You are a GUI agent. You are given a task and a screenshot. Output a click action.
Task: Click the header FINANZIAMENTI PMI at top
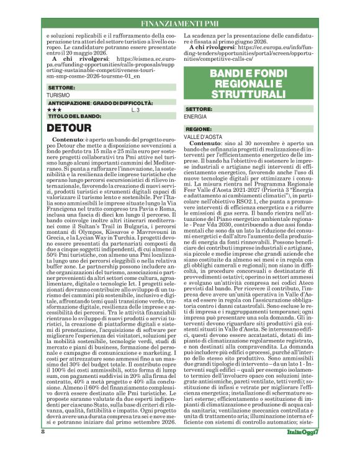[x=179, y=22]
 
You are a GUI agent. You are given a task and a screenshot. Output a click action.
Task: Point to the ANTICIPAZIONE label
[x=68, y=103]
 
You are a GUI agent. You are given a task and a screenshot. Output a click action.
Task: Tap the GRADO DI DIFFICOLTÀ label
[x=122, y=103]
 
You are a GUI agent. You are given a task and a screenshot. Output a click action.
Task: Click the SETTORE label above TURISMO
[x=60, y=89]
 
